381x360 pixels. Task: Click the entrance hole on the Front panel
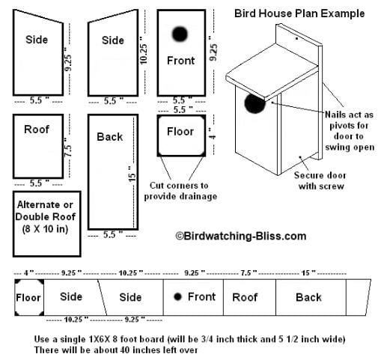pyautogui.click(x=180, y=34)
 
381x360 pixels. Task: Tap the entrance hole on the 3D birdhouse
pyautogui.click(x=254, y=103)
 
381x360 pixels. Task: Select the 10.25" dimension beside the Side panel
pyautogui.click(x=143, y=51)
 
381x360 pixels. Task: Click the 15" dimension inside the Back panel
pyautogui.click(x=132, y=173)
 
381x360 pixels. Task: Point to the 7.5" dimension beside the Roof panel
pyautogui.click(x=68, y=147)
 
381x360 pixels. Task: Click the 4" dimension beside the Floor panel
pyautogui.click(x=213, y=135)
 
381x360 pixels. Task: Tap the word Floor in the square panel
pyautogui.click(x=180, y=132)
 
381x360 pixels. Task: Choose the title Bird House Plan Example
pyautogui.click(x=299, y=13)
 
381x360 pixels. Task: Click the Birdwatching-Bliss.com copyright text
pyautogui.click(x=241, y=236)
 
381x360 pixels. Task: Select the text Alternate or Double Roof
pyautogui.click(x=45, y=211)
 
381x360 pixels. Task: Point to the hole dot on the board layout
pyautogui.click(x=177, y=296)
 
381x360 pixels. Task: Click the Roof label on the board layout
pyautogui.click(x=245, y=297)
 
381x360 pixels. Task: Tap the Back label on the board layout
pyautogui.click(x=308, y=297)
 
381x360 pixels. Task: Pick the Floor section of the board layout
pyautogui.click(x=29, y=297)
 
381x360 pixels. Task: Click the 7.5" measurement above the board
pyautogui.click(x=249, y=273)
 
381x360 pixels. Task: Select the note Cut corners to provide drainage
pyautogui.click(x=180, y=191)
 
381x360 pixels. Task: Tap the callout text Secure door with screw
pyautogui.click(x=320, y=180)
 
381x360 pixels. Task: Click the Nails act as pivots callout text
pyautogui.click(x=350, y=131)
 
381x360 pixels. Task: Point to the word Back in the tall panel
pyautogui.click(x=110, y=137)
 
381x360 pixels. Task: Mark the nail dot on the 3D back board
pyautogui.click(x=296, y=38)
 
